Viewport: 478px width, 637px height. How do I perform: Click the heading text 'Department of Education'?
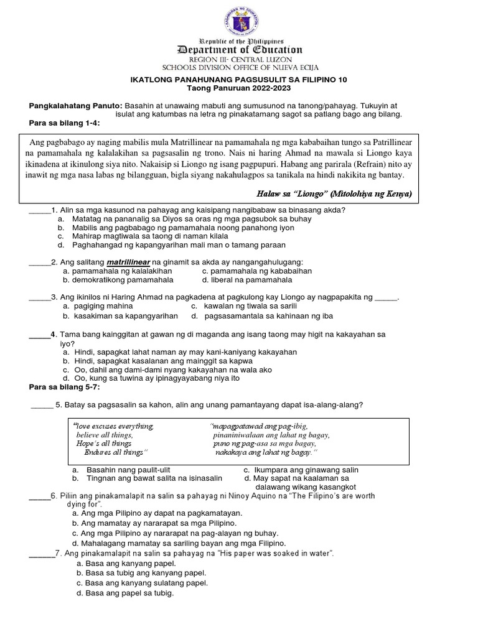tap(240, 50)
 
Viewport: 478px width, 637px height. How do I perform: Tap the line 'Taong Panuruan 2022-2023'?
tap(239, 88)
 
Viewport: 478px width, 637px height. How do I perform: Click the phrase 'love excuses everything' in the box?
tap(114, 426)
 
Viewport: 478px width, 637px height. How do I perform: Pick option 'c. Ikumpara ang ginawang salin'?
tap(301, 470)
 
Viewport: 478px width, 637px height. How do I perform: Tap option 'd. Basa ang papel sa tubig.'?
tap(124, 593)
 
